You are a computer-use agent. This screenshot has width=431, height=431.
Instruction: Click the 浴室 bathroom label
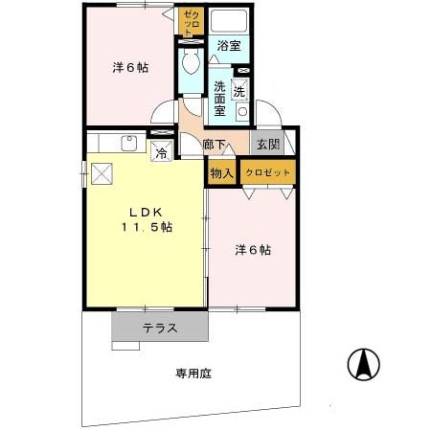(228, 46)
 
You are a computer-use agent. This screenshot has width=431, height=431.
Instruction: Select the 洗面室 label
(219, 97)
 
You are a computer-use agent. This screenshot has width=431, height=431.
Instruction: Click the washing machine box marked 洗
(239, 93)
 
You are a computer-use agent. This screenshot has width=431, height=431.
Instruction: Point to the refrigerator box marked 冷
(162, 150)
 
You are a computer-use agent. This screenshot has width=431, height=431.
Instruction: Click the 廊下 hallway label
(215, 146)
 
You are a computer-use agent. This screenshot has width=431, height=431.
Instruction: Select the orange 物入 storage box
(221, 173)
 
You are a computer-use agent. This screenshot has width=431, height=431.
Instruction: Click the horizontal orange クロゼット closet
(267, 173)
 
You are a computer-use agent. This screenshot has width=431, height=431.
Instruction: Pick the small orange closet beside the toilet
(191, 23)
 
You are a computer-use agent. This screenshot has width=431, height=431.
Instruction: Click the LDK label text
(146, 210)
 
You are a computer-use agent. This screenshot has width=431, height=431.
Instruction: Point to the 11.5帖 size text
(146, 227)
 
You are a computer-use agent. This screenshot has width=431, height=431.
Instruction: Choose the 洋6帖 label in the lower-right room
(253, 250)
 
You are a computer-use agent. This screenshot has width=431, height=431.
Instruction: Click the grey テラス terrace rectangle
(160, 327)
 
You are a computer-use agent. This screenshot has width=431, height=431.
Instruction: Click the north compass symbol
(362, 365)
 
